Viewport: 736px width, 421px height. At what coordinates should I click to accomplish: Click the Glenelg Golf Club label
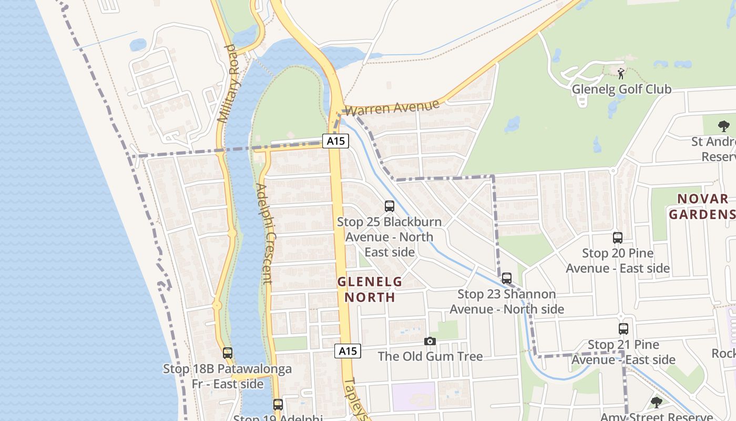[621, 89]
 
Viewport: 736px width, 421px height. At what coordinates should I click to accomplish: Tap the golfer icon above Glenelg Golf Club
[621, 74]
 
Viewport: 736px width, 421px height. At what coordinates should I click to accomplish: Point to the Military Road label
[228, 84]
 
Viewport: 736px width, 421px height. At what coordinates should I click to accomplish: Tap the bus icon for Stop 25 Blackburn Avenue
[390, 206]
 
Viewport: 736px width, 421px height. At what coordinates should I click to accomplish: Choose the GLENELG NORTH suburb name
[370, 289]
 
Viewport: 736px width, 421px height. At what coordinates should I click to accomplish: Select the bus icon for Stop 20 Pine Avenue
[618, 238]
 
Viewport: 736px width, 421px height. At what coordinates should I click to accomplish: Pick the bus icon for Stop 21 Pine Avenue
[623, 329]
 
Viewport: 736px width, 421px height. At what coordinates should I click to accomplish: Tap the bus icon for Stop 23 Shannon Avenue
[507, 278]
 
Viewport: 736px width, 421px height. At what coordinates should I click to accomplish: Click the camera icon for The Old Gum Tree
[430, 342]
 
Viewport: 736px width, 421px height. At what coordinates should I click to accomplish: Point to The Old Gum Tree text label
[430, 356]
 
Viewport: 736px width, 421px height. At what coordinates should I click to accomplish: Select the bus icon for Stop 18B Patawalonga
[228, 353]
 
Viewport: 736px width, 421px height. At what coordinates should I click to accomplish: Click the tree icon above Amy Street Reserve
[656, 403]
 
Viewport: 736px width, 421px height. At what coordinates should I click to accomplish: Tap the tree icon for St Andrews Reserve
[723, 126]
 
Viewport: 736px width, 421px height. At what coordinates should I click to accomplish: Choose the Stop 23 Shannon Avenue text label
[507, 302]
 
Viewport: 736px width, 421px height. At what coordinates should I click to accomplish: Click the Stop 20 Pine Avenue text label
[618, 260]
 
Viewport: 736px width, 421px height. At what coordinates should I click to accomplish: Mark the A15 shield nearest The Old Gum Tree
[348, 351]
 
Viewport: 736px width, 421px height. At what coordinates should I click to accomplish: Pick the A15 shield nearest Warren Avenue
[335, 141]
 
